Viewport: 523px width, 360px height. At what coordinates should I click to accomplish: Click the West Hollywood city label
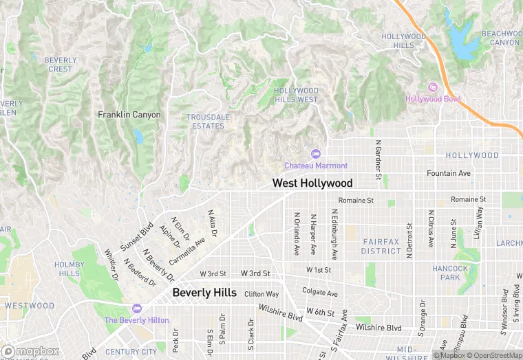pos(312,183)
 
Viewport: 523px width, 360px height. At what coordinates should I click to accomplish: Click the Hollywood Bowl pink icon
pos(432,87)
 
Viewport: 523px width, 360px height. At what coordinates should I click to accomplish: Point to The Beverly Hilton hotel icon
pos(136,308)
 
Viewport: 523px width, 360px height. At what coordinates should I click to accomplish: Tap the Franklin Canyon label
pos(129,115)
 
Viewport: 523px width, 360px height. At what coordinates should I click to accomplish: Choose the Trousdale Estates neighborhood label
pos(209,122)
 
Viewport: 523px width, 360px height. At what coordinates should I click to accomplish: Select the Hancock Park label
pos(451,273)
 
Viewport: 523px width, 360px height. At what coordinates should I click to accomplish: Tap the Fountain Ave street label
pos(449,173)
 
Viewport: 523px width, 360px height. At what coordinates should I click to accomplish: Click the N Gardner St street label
pos(378,160)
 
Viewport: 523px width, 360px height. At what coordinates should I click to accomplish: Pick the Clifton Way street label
pos(261,294)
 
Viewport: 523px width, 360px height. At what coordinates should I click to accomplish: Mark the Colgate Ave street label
pos(320,293)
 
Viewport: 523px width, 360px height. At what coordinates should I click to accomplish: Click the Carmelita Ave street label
pos(188,251)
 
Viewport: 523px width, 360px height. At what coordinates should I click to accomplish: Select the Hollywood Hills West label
pos(296,95)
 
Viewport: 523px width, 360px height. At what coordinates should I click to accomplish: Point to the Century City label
pos(131,352)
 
